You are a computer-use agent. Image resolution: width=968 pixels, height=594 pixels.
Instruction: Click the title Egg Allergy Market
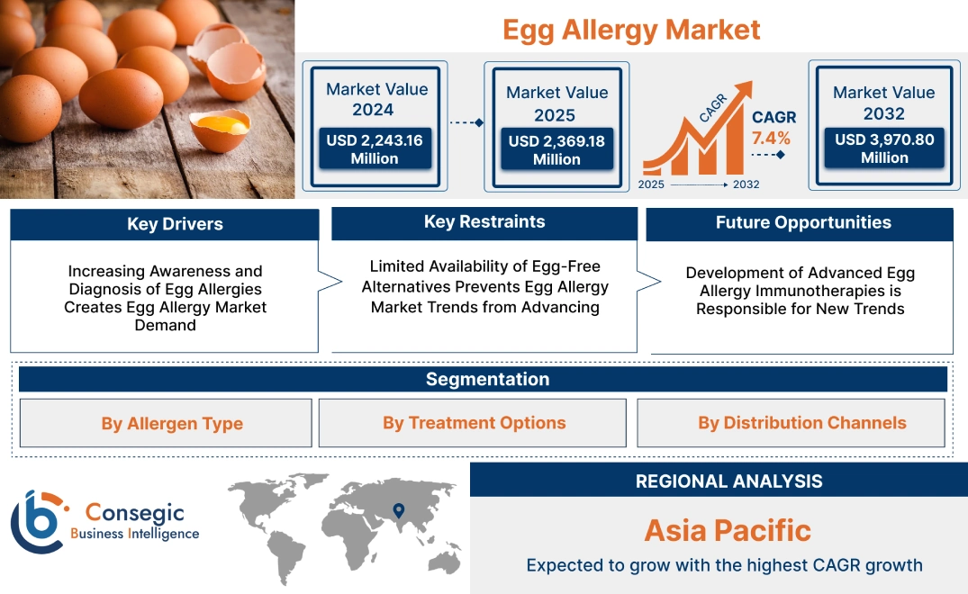pyautogui.click(x=631, y=29)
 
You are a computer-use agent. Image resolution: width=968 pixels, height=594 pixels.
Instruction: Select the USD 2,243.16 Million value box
pyautogui.click(x=374, y=148)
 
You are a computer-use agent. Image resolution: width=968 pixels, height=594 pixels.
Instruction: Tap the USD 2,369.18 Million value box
pyautogui.click(x=556, y=149)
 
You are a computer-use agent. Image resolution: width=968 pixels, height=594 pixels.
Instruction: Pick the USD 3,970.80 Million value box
pyautogui.click(x=883, y=148)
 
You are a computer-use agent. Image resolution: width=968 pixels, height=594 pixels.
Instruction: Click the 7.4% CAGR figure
pyautogui.click(x=771, y=138)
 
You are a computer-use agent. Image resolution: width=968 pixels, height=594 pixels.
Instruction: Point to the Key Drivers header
pyautogui.click(x=175, y=224)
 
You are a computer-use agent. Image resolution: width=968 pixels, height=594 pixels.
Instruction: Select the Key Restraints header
pyautogui.click(x=484, y=222)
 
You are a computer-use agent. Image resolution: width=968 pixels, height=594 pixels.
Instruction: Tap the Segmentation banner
pyautogui.click(x=487, y=379)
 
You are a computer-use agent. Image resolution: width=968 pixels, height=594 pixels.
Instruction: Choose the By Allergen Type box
pyautogui.click(x=172, y=423)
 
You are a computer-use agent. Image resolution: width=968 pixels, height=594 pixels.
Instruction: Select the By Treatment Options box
pyautogui.click(x=474, y=423)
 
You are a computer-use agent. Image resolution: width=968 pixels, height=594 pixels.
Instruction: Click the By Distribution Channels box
pyautogui.click(x=801, y=423)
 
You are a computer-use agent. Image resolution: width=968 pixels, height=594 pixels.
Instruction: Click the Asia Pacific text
pyautogui.click(x=728, y=530)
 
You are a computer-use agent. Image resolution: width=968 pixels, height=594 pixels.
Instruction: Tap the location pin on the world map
pyautogui.click(x=397, y=512)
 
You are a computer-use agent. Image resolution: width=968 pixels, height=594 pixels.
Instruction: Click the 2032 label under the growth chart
pyautogui.click(x=746, y=184)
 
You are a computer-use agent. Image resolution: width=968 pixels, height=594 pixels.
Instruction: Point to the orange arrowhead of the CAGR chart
pyautogui.click(x=743, y=91)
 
